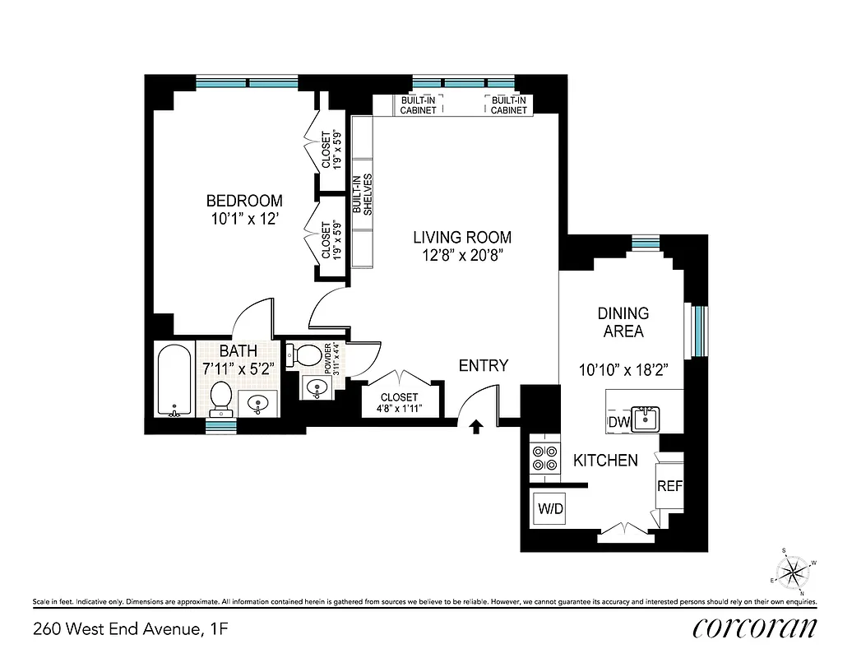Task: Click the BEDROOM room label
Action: [244, 201]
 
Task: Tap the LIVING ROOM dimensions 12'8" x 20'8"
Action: [461, 255]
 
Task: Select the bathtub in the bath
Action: [174, 382]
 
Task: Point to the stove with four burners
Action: [543, 457]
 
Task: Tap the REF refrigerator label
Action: [669, 486]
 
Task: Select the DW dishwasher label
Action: [618, 422]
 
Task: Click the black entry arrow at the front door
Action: [475, 426]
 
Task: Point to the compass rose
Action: [794, 569]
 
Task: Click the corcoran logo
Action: [755, 628]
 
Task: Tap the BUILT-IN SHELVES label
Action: [363, 194]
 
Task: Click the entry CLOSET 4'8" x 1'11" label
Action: [399, 402]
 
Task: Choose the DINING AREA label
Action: [623, 322]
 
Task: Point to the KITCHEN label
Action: [605, 461]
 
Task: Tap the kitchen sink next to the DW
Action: [647, 418]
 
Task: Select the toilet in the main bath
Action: [220, 397]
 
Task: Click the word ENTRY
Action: [483, 365]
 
